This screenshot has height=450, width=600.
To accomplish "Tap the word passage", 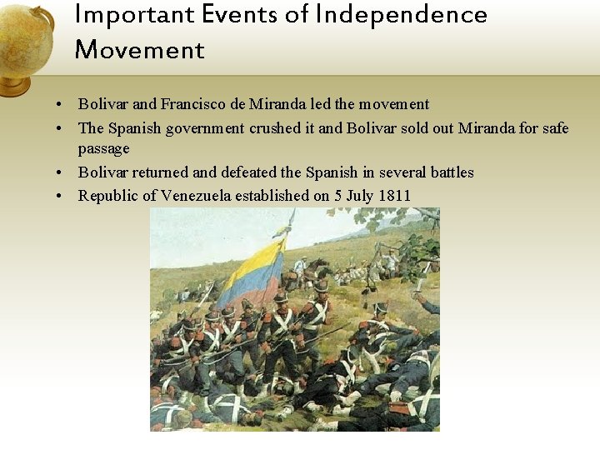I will coord(104,148).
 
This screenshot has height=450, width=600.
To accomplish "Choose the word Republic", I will coord(107,196).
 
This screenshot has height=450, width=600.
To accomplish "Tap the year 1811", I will coord(394,196).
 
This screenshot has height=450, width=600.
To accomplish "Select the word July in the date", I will coord(358,196).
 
